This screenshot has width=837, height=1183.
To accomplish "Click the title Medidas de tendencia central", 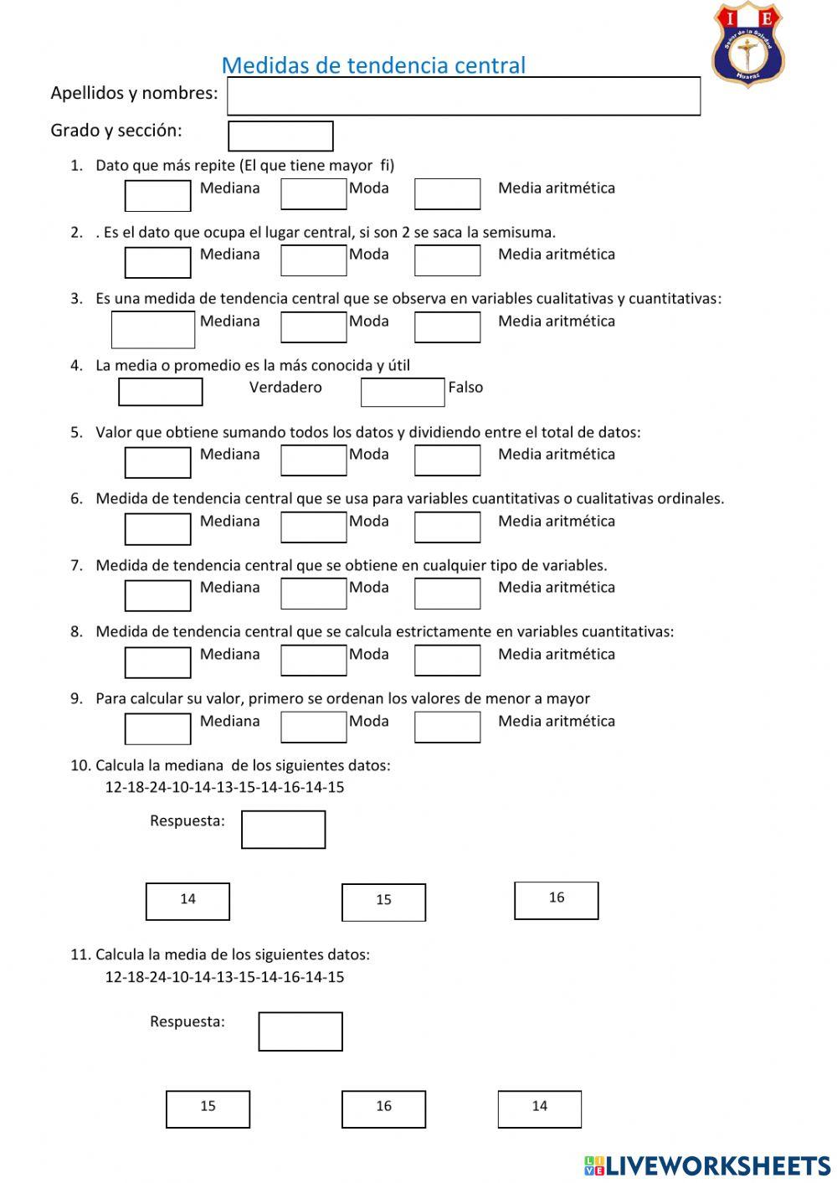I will (x=373, y=65).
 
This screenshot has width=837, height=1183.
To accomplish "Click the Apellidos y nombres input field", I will (x=464, y=96).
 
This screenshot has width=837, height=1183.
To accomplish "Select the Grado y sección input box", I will (x=280, y=136).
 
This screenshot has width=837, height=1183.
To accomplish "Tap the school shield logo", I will (x=747, y=45).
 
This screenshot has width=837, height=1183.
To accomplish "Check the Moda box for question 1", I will (x=313, y=193).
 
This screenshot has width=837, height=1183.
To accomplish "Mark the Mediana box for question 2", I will (x=157, y=262).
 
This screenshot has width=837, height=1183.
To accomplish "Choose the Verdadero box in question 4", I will (x=161, y=392).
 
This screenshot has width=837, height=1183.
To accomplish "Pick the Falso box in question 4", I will (x=402, y=392).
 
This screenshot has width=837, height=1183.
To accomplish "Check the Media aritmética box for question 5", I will (x=447, y=460).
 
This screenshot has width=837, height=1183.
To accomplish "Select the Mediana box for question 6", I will (x=157, y=528).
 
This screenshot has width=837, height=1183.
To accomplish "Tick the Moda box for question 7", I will (x=313, y=594).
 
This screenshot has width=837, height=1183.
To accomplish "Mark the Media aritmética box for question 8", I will (x=447, y=661).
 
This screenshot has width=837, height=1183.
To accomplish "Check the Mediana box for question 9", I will (x=157, y=728).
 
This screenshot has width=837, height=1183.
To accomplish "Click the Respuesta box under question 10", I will (x=283, y=830).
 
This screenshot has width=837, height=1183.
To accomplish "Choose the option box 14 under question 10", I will (x=187, y=901).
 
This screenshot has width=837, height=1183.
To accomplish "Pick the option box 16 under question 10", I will (x=556, y=900).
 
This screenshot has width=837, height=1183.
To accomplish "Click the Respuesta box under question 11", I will (x=300, y=1031).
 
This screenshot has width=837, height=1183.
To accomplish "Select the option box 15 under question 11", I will (x=208, y=1108).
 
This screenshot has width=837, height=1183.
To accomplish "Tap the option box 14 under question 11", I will (x=539, y=1108).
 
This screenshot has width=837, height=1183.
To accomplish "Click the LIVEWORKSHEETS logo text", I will (x=707, y=1165).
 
